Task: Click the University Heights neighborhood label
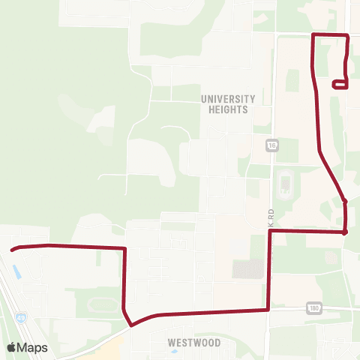[228, 103]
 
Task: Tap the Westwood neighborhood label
[194, 343]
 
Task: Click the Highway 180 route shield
[313, 307]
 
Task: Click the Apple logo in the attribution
[11, 347]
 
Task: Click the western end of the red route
[12, 250]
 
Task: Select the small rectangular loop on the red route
[338, 85]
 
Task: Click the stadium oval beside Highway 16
[284, 184]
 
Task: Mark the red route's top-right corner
[347, 36]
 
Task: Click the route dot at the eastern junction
[344, 232]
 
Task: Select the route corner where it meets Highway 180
[268, 308]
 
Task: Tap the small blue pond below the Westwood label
[174, 328]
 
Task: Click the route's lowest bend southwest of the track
[131, 325]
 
